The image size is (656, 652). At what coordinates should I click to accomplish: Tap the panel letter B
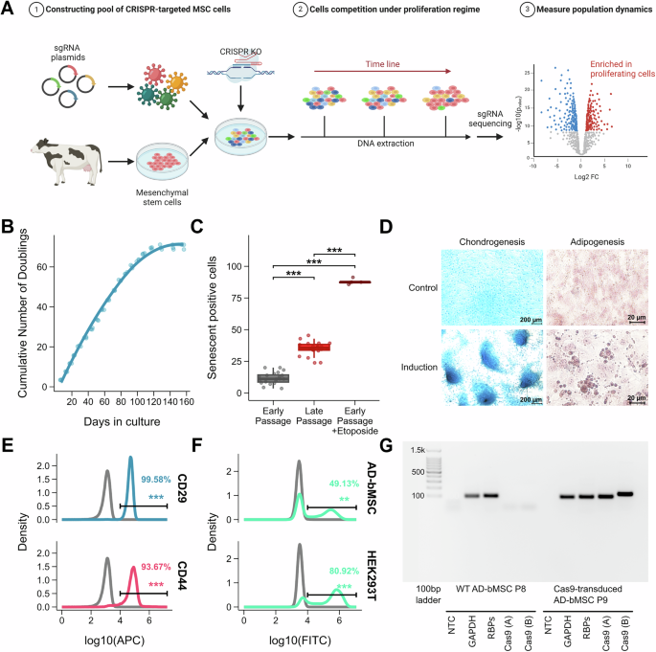click(x=10, y=229)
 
